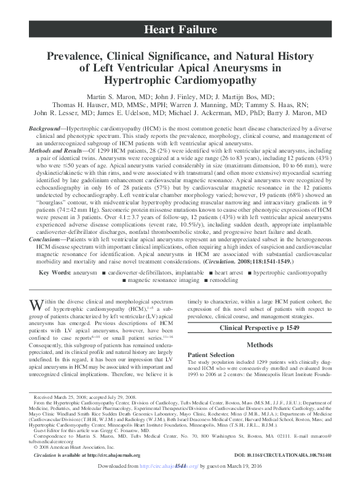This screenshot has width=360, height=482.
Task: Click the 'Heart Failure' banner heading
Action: [x=180, y=29]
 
